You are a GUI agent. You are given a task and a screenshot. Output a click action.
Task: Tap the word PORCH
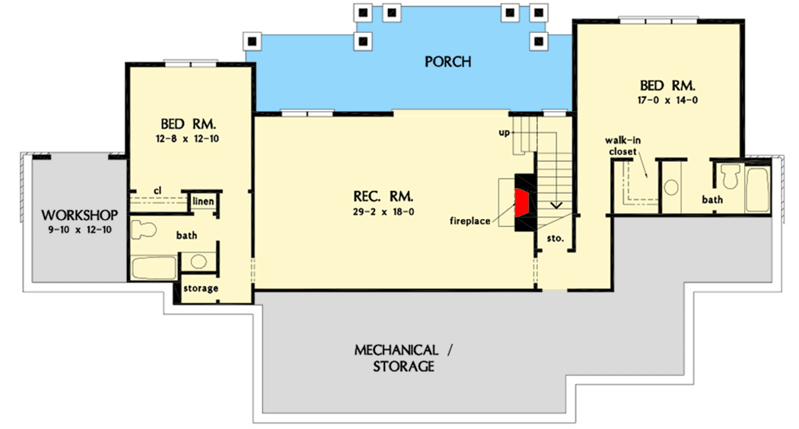tap(447, 62)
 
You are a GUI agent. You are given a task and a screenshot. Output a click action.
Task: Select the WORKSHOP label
tap(69, 214)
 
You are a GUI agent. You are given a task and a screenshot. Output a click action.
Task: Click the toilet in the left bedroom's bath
tap(144, 229)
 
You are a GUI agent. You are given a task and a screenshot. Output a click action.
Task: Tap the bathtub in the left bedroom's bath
tap(155, 267)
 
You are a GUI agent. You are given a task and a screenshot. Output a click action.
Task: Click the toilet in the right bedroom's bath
tap(731, 176)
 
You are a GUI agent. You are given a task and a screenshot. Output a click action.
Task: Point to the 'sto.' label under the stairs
tap(555, 238)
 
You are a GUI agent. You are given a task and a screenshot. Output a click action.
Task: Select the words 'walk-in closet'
tap(622, 145)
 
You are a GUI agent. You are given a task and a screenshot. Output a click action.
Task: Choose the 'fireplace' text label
tap(471, 221)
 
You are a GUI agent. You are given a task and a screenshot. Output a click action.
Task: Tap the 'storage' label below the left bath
tap(200, 288)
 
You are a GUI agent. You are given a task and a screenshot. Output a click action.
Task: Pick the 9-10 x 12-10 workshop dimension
tap(69, 228)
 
